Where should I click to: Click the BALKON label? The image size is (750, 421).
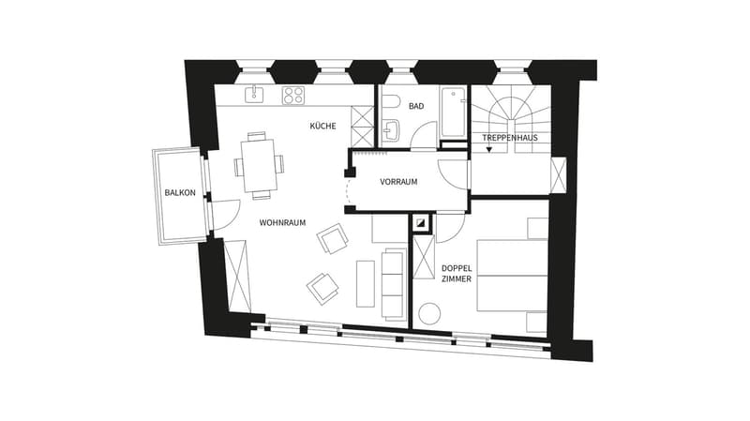[180, 193]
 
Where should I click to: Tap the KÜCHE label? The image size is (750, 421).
[322, 126]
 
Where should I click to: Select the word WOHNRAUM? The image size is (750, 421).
[282, 223]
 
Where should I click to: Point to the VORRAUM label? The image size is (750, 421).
[398, 182]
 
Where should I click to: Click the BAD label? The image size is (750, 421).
[416, 106]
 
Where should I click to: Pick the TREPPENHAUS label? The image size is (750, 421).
[510, 138]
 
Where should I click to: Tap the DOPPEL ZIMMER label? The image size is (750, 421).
[457, 274]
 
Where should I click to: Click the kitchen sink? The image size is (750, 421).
[254, 95]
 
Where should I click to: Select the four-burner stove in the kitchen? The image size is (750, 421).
[292, 96]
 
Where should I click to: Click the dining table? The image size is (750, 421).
[260, 166]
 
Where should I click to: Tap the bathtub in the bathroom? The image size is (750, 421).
[453, 112]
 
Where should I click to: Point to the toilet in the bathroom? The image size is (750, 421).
[390, 102]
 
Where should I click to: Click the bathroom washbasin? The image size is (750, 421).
[391, 130]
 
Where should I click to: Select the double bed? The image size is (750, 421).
[512, 276]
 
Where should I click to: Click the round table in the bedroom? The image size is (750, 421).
[429, 314]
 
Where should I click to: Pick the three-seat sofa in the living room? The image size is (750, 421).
[394, 284]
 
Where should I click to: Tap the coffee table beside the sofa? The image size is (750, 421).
[366, 284]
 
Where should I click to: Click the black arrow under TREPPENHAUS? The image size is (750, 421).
[488, 150]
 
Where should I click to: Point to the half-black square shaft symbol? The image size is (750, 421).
[421, 222]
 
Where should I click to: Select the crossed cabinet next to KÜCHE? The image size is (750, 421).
[362, 127]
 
